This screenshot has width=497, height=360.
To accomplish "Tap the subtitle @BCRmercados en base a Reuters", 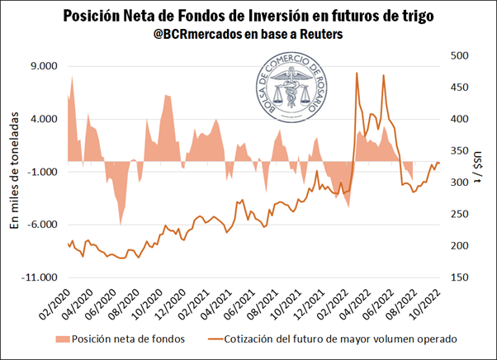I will click(x=248, y=36).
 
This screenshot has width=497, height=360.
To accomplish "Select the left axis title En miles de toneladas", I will click(x=15, y=172).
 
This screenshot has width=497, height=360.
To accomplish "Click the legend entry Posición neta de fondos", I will click(x=117, y=338).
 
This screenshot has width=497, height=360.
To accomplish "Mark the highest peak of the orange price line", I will click(x=357, y=73).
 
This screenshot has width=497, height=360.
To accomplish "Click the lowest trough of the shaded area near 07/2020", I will click(x=121, y=224).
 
